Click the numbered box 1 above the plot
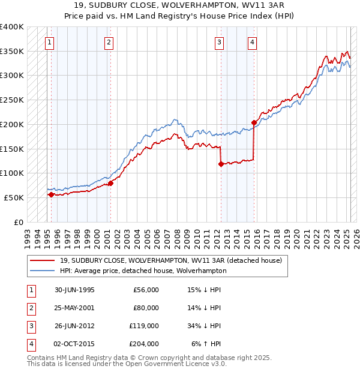(49, 43)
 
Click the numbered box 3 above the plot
(220, 43)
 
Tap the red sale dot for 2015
(254, 122)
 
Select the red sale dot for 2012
(221, 164)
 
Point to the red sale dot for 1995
(51, 194)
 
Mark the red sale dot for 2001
(110, 183)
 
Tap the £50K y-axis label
(14, 197)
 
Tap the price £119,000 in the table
(144, 326)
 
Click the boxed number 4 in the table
(30, 344)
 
